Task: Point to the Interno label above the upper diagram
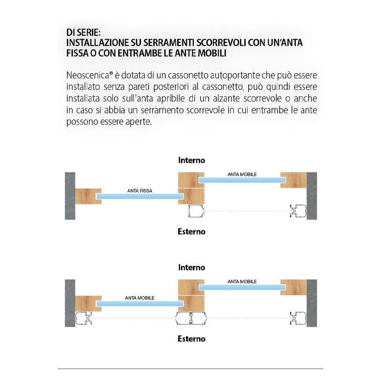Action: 191,160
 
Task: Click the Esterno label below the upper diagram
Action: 191,231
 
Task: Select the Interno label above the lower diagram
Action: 191,268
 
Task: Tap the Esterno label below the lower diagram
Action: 191,339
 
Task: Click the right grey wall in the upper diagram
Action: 312,195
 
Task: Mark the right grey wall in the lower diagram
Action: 312,303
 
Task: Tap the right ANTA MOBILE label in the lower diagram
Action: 242,281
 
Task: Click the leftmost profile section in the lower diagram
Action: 86,319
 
